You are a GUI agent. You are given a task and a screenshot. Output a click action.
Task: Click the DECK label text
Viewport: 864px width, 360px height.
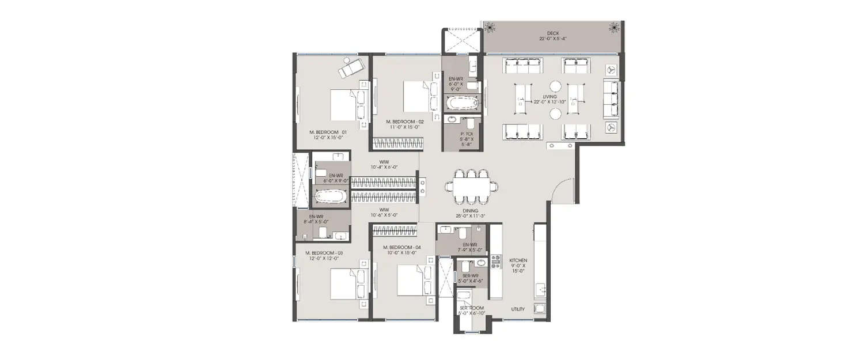[553, 33]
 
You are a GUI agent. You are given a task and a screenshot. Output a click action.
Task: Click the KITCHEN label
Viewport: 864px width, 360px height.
[518, 260]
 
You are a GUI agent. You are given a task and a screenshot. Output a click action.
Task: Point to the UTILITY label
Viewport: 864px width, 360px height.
[518, 309]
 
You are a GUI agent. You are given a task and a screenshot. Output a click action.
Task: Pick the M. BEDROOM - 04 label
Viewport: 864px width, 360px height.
[402, 248]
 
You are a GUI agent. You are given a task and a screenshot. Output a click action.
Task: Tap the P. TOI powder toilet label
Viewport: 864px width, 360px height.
[467, 133]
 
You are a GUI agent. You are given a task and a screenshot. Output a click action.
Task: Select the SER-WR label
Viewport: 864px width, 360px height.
[471, 276]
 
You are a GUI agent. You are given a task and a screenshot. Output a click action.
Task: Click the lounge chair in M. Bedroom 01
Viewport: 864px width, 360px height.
[350, 67]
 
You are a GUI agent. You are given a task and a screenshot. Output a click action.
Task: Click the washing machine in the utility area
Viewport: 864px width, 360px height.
[539, 309]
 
